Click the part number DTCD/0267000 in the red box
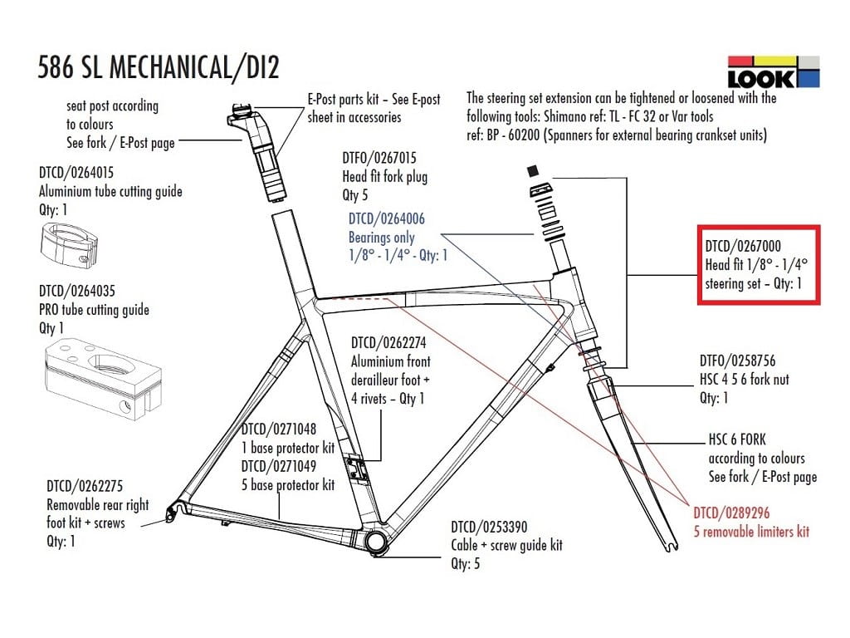click(x=743, y=246)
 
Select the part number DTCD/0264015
click(x=76, y=173)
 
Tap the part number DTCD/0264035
click(x=76, y=291)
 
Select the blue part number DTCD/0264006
click(x=386, y=218)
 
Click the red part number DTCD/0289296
click(x=732, y=513)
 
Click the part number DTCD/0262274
click(x=388, y=342)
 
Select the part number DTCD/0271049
click(x=279, y=466)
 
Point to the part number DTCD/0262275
click(x=85, y=485)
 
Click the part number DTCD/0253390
click(x=489, y=527)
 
